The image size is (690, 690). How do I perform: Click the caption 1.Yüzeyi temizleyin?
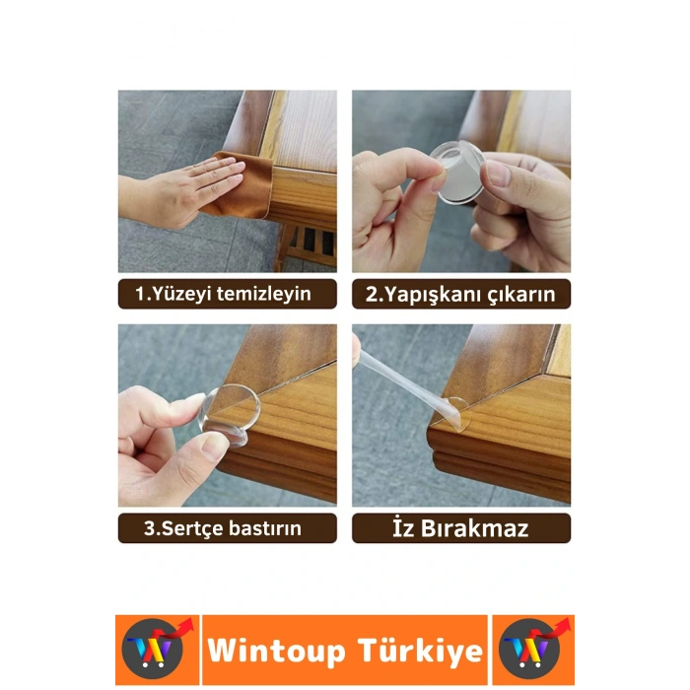coord(228,294)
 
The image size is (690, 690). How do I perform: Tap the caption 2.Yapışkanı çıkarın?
coord(460,294)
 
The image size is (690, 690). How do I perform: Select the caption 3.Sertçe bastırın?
coord(228,528)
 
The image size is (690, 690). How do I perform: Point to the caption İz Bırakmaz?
coord(460,528)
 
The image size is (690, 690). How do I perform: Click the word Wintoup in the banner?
coord(276,652)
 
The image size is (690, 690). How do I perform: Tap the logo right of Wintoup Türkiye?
coord(532,651)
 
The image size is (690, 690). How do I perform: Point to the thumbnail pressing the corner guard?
coord(212,448)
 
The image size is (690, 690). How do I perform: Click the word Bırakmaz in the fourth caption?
coord(479,528)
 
